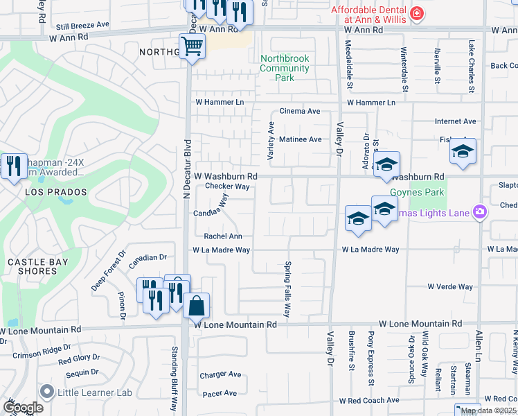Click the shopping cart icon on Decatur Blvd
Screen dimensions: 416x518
tap(192, 47)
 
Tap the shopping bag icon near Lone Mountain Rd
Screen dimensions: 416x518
tap(197, 305)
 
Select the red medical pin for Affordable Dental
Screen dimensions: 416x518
tap(416, 13)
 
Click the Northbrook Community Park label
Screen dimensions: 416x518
tap(285, 69)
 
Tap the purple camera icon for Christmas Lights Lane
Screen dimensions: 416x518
tap(479, 211)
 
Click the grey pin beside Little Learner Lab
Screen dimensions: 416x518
tap(47, 392)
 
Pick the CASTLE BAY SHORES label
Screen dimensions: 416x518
tap(31, 266)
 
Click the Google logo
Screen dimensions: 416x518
tap(22, 407)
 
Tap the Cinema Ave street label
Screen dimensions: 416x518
tap(299, 111)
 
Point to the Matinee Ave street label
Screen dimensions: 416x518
tap(300, 139)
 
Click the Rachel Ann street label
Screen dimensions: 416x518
tap(222, 236)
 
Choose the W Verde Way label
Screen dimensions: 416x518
tap(449, 286)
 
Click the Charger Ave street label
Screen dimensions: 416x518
tap(220, 375)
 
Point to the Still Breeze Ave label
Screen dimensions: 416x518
tap(83, 24)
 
